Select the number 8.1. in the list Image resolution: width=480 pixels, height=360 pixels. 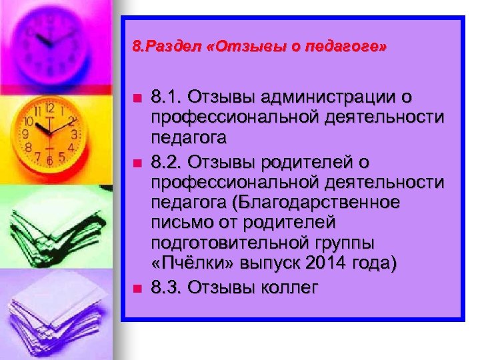(167, 98)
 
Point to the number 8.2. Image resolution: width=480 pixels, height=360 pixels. (167, 163)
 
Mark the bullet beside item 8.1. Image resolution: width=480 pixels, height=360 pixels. (137, 98)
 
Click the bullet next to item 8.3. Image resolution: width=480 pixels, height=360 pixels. (137, 288)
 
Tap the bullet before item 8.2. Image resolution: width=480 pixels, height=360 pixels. (137, 163)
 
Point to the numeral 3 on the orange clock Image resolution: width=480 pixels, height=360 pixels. (74, 134)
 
